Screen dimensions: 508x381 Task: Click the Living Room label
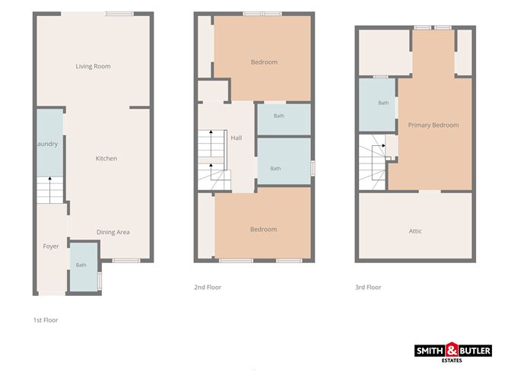(x=93, y=66)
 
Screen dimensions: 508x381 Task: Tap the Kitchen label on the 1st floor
(x=106, y=158)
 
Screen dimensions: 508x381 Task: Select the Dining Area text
(x=113, y=232)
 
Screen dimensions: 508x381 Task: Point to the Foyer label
(x=51, y=246)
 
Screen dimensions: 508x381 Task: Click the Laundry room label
(x=47, y=144)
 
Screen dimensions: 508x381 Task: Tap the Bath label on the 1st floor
(x=81, y=265)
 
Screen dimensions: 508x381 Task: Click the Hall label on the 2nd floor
(x=237, y=138)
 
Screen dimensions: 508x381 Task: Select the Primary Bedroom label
(x=433, y=125)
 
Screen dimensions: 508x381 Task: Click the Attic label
(x=415, y=231)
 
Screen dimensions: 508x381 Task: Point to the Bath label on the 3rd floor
(x=383, y=103)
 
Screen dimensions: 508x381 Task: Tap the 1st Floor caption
(x=46, y=320)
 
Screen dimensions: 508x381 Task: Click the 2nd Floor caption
(x=208, y=287)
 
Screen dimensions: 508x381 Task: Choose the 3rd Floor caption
(x=368, y=287)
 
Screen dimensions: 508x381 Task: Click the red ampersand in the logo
(x=452, y=351)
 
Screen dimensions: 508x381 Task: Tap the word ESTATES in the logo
(x=452, y=360)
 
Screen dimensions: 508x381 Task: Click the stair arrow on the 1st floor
(x=50, y=190)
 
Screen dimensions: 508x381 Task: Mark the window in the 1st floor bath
(x=100, y=281)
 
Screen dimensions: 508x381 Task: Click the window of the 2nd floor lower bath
(x=313, y=169)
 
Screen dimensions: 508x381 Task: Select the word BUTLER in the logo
(x=475, y=351)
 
